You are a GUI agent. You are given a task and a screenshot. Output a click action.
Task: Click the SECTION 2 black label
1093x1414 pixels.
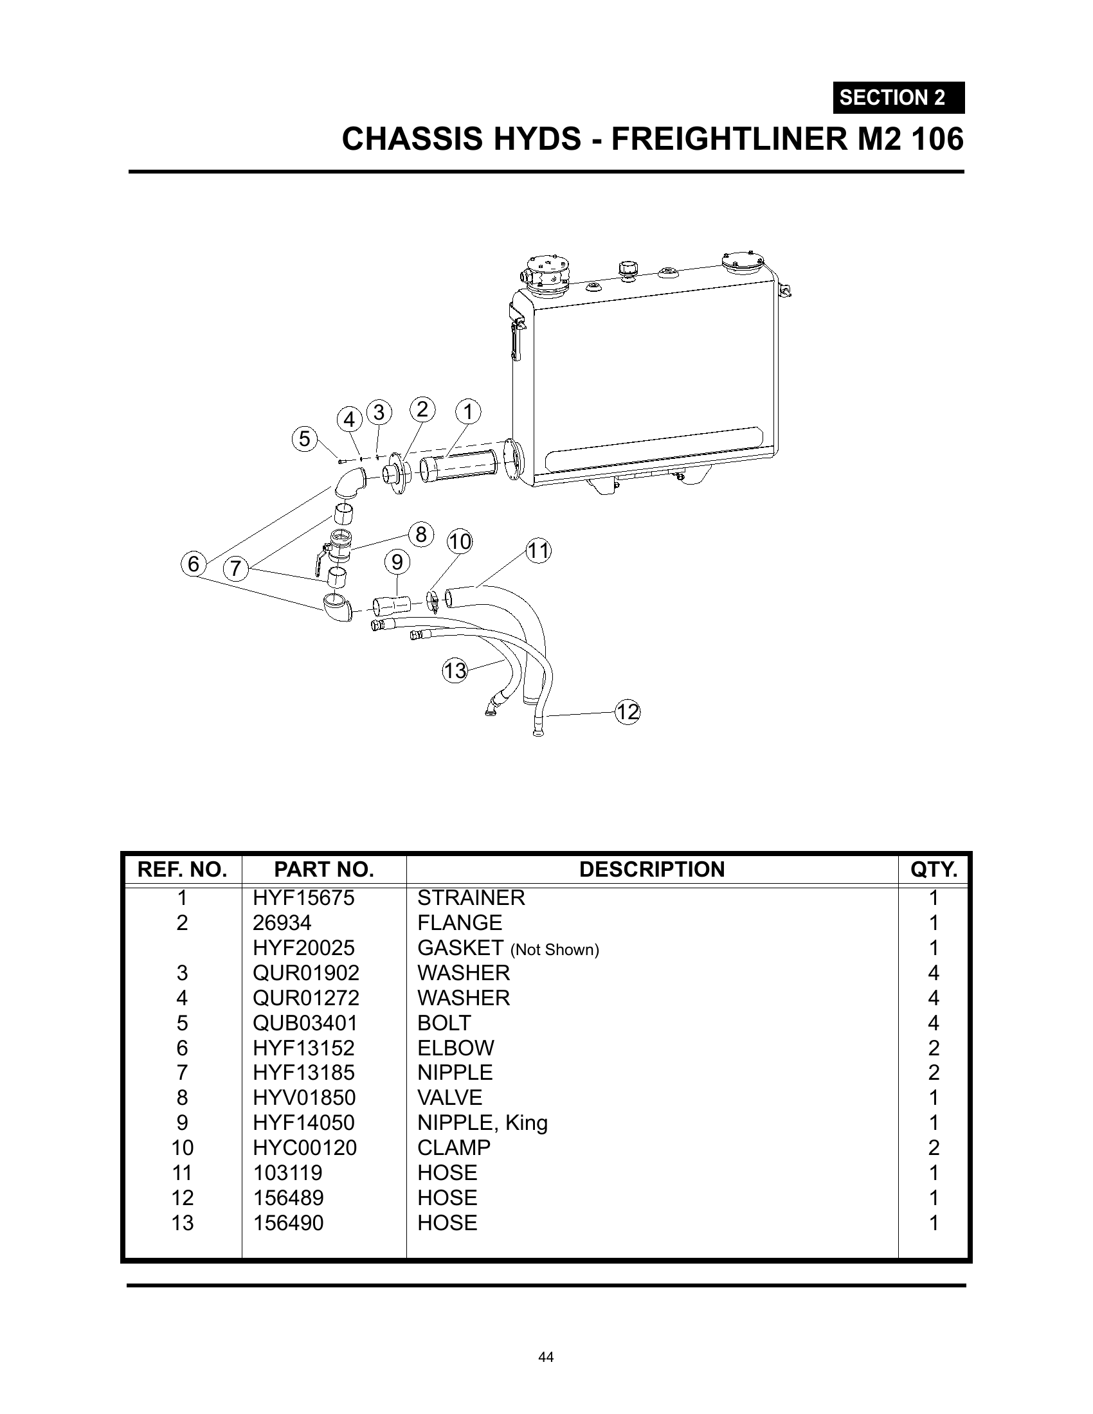(898, 98)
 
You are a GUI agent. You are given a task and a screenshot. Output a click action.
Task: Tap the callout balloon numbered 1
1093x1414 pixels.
(468, 412)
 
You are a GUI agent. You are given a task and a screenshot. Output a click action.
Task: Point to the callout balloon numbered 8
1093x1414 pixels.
(421, 535)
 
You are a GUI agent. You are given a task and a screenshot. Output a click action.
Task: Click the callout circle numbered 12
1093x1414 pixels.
(627, 712)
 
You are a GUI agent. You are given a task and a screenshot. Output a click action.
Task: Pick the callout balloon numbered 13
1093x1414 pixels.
(455, 670)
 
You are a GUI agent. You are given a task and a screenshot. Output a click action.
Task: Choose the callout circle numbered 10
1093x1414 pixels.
(460, 541)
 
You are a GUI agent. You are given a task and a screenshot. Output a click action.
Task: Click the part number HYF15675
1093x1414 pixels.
(303, 898)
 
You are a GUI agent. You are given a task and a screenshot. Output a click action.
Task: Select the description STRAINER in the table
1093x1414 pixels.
(471, 898)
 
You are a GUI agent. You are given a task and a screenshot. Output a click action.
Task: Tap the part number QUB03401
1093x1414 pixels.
(305, 1023)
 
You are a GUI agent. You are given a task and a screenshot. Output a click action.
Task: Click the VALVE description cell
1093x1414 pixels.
(450, 1097)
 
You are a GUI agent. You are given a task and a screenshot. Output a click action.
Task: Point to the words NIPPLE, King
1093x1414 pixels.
(482, 1123)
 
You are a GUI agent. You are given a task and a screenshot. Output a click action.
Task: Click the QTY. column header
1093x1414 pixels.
(934, 870)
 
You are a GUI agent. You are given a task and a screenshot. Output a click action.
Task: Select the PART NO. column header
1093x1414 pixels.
(325, 870)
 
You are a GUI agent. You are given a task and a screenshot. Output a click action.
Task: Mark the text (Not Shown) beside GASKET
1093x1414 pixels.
(555, 950)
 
